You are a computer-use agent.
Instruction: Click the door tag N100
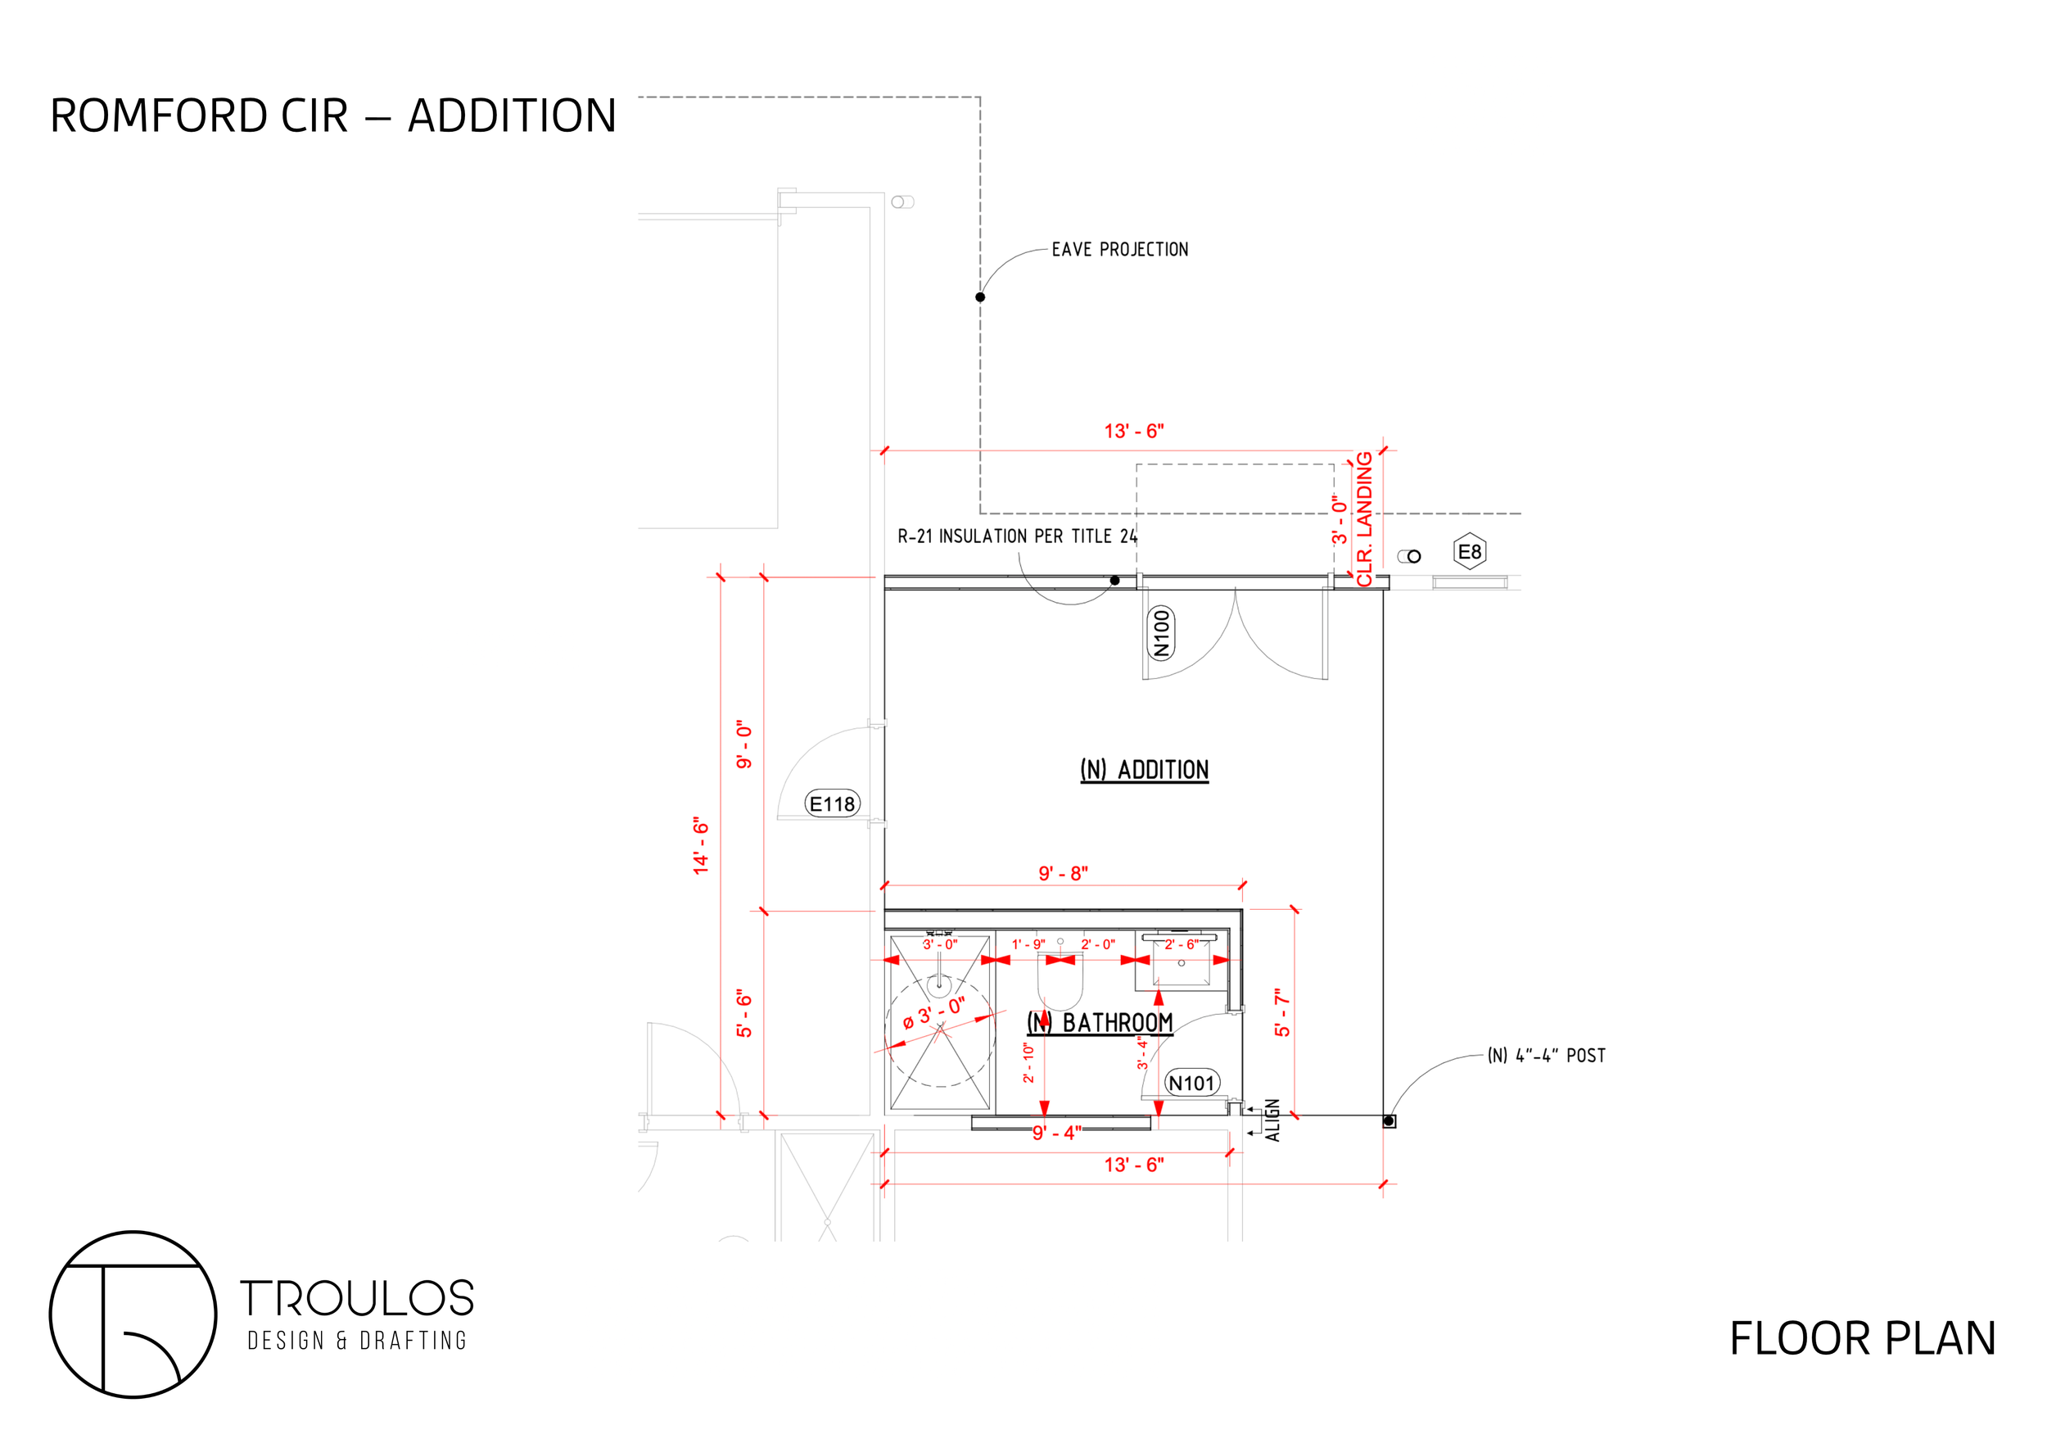(x=1161, y=633)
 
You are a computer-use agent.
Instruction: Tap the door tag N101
(x=1192, y=1084)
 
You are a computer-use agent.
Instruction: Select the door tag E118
(x=832, y=804)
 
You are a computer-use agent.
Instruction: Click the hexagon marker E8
(x=1469, y=552)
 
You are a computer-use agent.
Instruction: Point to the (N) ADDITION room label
(x=1144, y=770)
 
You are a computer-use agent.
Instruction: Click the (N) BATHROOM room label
(x=1100, y=1023)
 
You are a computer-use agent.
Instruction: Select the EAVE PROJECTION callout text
(x=1120, y=250)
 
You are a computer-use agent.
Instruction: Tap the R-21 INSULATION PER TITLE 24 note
(x=1016, y=536)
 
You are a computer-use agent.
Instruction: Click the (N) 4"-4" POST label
(x=1546, y=1056)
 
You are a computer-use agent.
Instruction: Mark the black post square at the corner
(x=1389, y=1120)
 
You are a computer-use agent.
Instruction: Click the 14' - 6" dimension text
(x=701, y=845)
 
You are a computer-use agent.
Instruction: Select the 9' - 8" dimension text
(x=1063, y=874)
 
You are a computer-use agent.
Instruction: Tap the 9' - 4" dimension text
(x=1056, y=1134)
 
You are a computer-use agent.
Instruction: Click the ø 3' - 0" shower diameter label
(x=933, y=1014)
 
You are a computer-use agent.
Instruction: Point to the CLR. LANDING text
(x=1364, y=519)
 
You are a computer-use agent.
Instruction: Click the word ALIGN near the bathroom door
(x=1273, y=1120)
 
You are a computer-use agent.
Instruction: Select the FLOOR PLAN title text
(x=1863, y=1338)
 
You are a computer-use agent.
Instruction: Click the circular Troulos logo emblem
(x=133, y=1315)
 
